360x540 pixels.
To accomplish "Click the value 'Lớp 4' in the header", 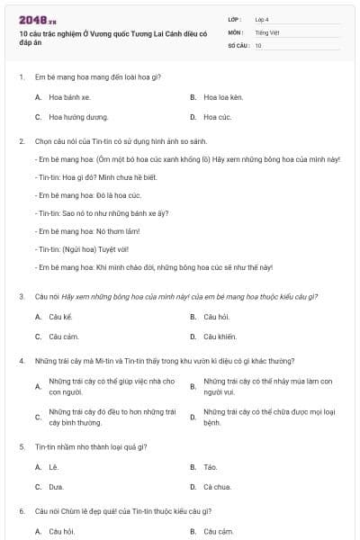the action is [262, 19].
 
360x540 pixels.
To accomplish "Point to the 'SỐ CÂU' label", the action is [237, 44].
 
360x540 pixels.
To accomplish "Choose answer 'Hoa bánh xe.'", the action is [69, 97].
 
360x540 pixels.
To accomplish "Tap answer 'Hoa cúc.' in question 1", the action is [218, 117].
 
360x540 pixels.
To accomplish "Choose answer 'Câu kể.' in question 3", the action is [61, 317].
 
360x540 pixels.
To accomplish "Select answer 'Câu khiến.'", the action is [220, 337].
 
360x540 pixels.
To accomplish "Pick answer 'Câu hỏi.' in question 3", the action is [217, 317].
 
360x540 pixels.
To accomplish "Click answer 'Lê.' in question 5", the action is [53, 467].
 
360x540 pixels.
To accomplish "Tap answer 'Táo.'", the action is [211, 467].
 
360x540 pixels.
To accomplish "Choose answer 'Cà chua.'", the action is [217, 487].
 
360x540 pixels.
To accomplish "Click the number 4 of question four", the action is [21, 360].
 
